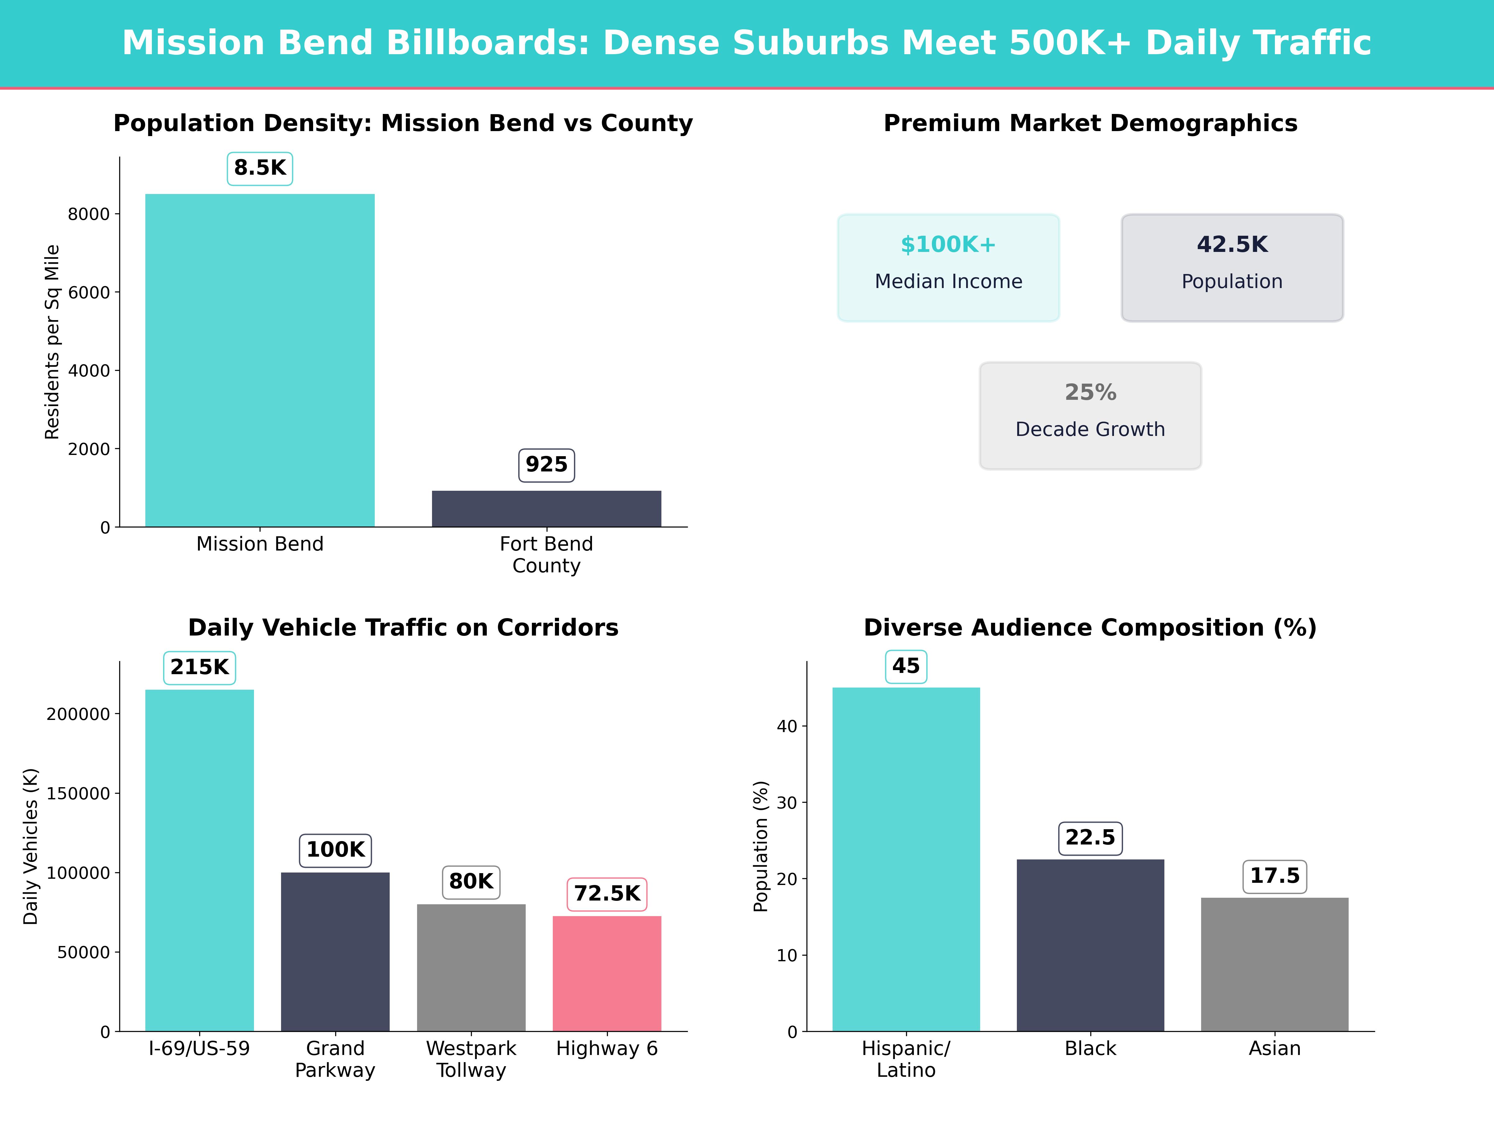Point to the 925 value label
click(x=547, y=465)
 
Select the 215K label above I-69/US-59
click(x=200, y=668)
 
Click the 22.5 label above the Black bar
click(x=1090, y=838)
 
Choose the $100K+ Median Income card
click(x=948, y=267)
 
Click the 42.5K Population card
click(x=1232, y=267)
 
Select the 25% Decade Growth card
click(x=1090, y=416)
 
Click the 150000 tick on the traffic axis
click(x=78, y=793)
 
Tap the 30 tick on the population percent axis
click(x=787, y=803)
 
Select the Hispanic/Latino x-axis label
click(x=906, y=1059)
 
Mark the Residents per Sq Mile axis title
click(x=52, y=342)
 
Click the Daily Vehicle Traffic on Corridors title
click(x=403, y=628)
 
